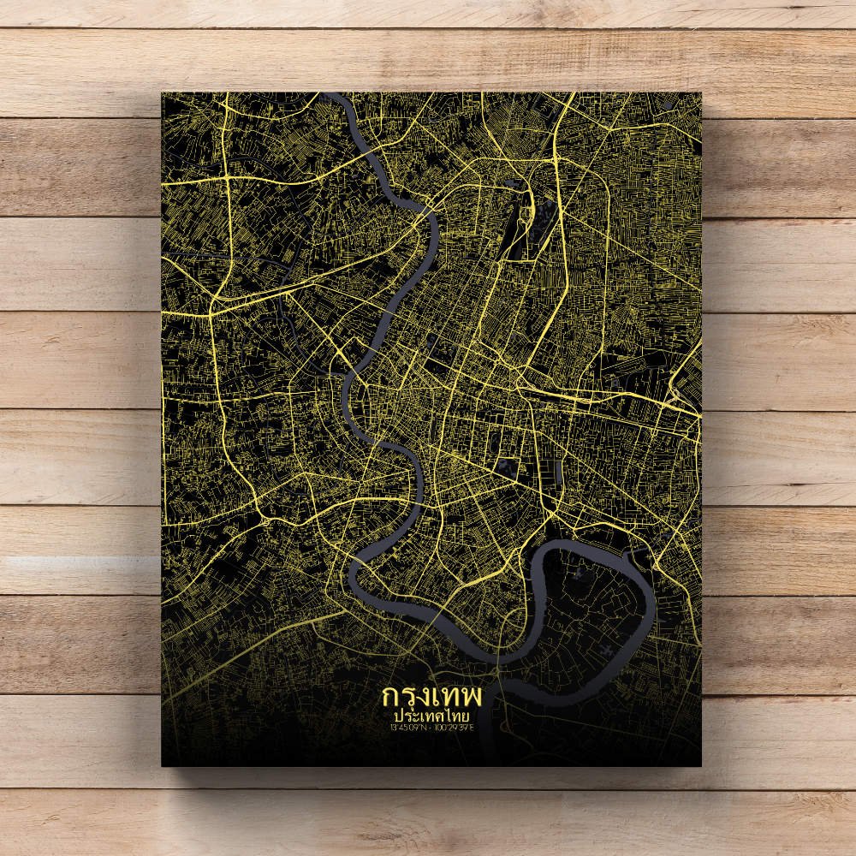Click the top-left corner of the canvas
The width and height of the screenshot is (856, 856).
click(163, 93)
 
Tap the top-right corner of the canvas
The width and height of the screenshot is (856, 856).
click(700, 93)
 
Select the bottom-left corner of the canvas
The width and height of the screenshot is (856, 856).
click(163, 765)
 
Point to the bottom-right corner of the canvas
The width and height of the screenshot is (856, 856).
click(700, 765)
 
